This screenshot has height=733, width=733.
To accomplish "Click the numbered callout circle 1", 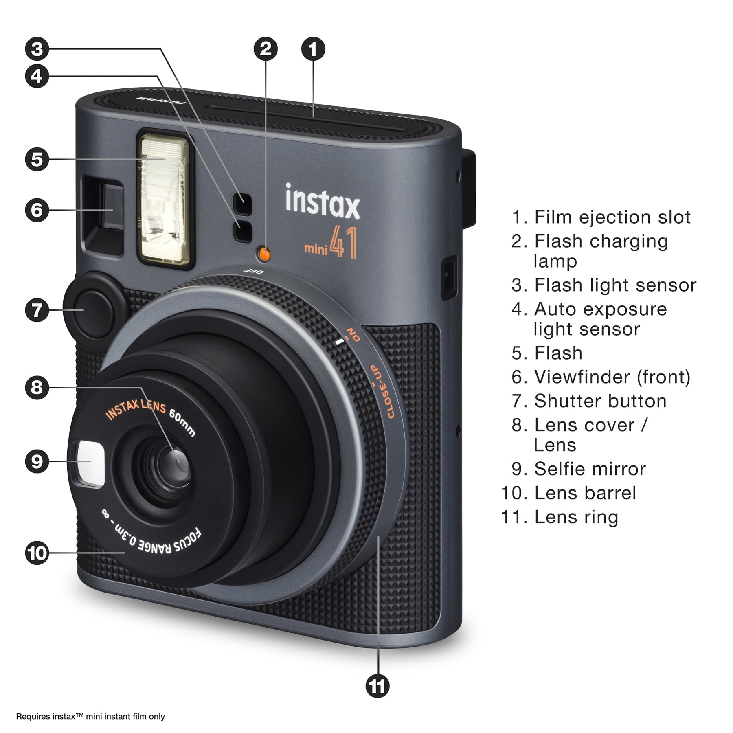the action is coord(313,49).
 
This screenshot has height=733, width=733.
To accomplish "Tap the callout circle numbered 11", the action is coord(378,686).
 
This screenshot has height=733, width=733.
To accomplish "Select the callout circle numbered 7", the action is coord(37,310).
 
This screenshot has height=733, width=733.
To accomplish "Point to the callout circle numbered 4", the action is coord(37,76).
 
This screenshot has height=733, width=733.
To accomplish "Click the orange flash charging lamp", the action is coord(264,254).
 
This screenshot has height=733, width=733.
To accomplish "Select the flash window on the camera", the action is coord(165,199).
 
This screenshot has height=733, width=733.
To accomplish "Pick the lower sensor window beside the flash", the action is coord(243,230).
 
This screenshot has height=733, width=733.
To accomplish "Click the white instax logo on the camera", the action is coord(323,202).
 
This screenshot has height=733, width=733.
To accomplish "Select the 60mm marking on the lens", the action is coord(182,422).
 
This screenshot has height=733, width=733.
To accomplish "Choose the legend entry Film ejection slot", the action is coord(601,217).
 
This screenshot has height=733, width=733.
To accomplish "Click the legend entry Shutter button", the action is coord(589,401).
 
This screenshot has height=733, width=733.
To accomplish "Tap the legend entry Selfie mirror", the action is coord(579,469).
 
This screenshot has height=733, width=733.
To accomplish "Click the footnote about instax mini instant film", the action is coord(90,716).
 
